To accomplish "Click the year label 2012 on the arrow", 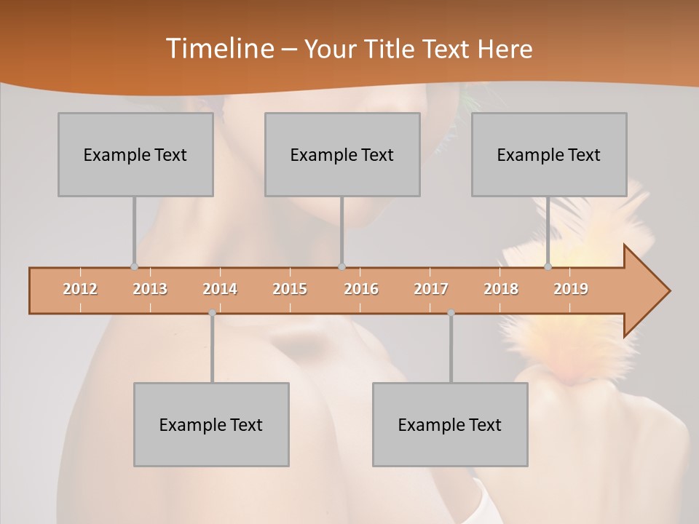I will click(x=80, y=289).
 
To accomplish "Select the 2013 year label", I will click(x=150, y=289).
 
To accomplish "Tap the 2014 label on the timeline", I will click(x=220, y=289).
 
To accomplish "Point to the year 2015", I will click(x=290, y=289).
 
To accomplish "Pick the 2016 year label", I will click(x=361, y=289).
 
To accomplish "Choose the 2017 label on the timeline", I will click(x=431, y=289).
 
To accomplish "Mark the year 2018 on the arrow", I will click(x=501, y=289).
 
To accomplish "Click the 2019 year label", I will click(x=571, y=289).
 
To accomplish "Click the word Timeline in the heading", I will click(x=218, y=49).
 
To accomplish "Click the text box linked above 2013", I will click(x=135, y=154).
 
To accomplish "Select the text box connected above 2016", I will click(x=342, y=154).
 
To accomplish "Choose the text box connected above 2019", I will click(x=549, y=154).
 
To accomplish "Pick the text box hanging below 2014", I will click(x=211, y=424).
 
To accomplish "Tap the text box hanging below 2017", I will click(x=450, y=424).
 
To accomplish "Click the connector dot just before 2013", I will click(x=134, y=266).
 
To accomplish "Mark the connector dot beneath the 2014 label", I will click(x=212, y=313).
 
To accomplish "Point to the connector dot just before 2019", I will click(x=548, y=266).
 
